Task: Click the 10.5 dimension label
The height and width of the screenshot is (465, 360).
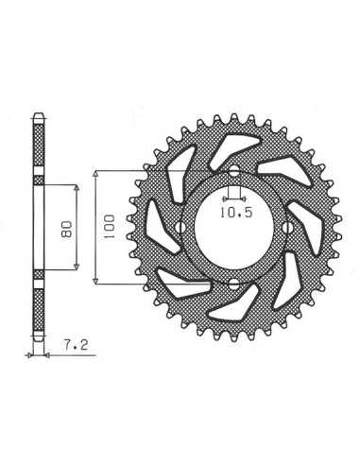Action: click(236, 213)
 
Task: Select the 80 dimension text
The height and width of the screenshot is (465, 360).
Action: click(67, 229)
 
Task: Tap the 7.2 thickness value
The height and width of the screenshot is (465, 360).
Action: click(76, 346)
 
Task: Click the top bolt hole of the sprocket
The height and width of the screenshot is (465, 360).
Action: click(233, 172)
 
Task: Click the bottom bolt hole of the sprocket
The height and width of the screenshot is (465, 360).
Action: click(233, 284)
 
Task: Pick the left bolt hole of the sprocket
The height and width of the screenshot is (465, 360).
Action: click(180, 228)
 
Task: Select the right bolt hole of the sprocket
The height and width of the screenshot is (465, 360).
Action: click(287, 228)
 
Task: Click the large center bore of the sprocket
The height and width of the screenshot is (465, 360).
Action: click(233, 228)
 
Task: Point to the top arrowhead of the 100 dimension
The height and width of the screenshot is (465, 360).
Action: click(96, 174)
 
